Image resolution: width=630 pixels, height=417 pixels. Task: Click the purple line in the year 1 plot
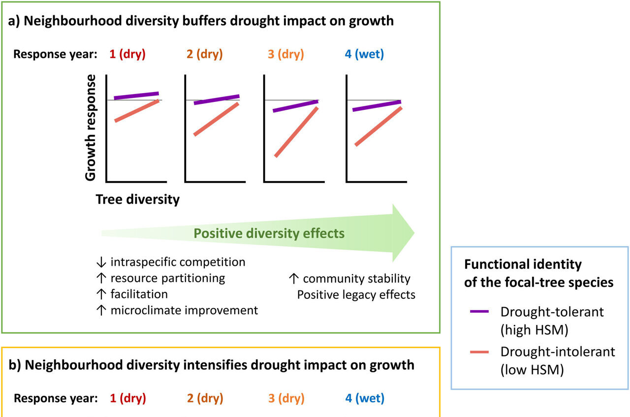point(136,96)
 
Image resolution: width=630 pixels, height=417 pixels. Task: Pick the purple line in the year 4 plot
point(377,106)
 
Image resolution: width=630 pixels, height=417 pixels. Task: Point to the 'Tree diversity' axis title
point(137,199)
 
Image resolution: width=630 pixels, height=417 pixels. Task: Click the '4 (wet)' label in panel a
point(364,54)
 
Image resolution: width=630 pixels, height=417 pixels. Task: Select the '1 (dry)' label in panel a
point(127,54)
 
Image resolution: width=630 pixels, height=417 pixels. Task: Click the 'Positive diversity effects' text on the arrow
point(269,233)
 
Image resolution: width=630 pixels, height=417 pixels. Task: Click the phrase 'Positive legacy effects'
point(356,294)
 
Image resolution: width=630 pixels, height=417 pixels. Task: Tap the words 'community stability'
point(356,278)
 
